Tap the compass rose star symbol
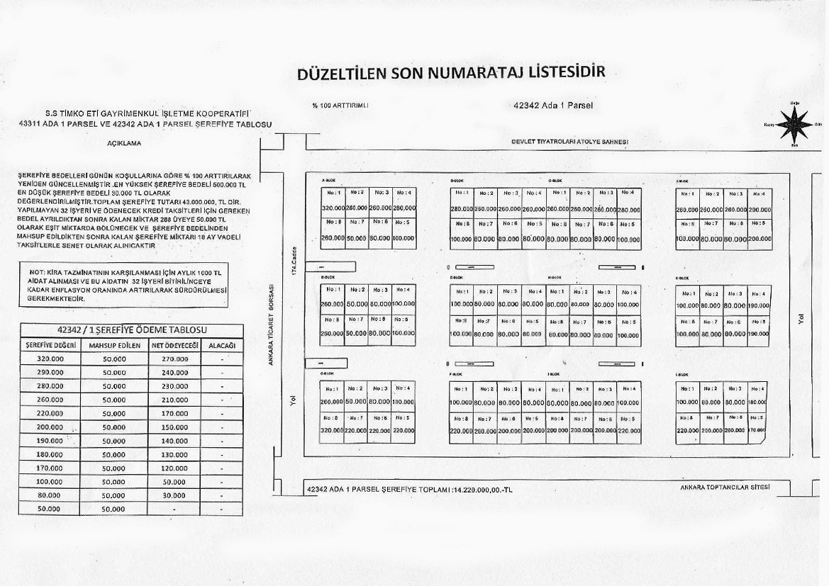pos(794,124)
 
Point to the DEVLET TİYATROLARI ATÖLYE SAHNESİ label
pos(569,142)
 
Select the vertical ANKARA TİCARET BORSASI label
pos(270,326)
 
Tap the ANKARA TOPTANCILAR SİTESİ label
pos(725,488)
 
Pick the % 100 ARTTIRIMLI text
pos(340,106)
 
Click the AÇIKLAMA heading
pos(124,143)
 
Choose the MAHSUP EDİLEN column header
pos(113,345)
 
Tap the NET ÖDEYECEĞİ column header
pos(174,345)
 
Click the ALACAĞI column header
pos(222,345)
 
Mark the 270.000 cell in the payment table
pos(174,359)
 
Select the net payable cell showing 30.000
pos(174,495)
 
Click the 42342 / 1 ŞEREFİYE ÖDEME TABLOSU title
pos(131,330)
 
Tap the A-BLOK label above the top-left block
pos(328,180)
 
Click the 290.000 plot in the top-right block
pos(759,210)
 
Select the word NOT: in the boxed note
pos(37,272)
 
